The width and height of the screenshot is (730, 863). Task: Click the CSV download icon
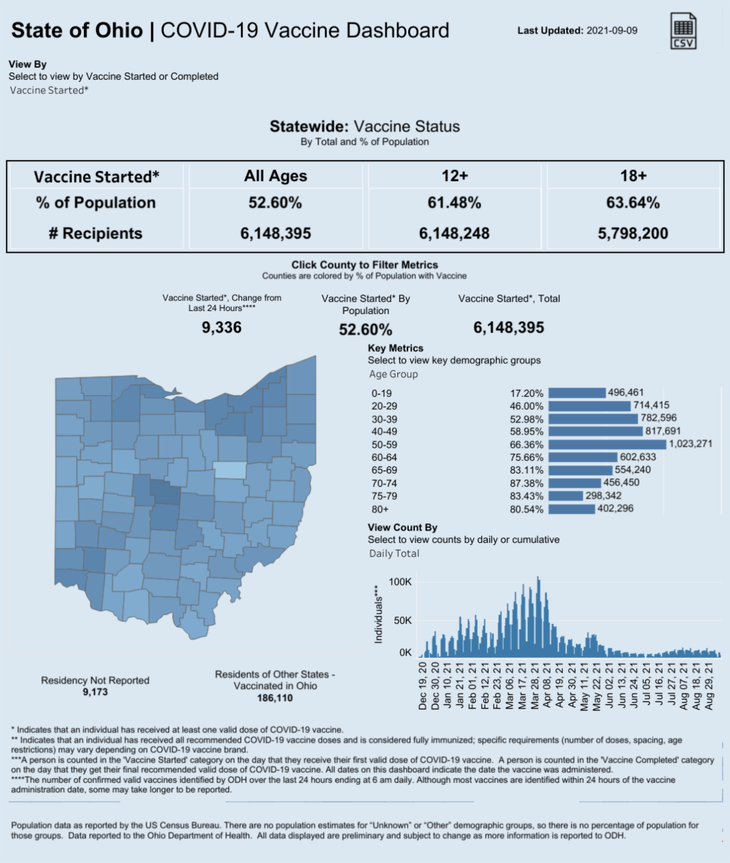(x=683, y=30)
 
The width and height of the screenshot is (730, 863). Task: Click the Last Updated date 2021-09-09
(x=611, y=30)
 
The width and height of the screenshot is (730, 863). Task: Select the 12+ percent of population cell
(x=454, y=203)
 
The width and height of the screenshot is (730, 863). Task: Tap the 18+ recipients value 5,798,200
(x=633, y=233)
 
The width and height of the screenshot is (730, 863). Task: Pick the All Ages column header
(x=276, y=176)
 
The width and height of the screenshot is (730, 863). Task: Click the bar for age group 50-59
(x=607, y=444)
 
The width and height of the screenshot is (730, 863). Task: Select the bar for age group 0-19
(x=577, y=393)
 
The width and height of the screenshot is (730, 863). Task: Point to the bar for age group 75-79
(x=566, y=496)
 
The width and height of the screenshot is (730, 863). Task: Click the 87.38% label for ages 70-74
(x=526, y=483)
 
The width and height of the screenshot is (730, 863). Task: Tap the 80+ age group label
(x=380, y=509)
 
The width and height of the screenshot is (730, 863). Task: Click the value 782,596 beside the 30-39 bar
(x=658, y=418)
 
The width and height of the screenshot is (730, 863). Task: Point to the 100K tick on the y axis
(x=400, y=582)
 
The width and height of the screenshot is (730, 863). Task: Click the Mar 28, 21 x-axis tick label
(x=535, y=686)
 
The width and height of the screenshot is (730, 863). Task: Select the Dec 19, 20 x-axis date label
(x=423, y=686)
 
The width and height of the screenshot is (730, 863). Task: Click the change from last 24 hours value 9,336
(x=221, y=327)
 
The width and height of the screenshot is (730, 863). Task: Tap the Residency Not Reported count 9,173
(x=95, y=692)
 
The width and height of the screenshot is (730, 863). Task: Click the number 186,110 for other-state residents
(x=274, y=698)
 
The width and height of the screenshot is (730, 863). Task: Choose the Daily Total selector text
(x=394, y=553)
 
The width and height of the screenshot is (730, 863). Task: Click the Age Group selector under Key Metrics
(x=394, y=374)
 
